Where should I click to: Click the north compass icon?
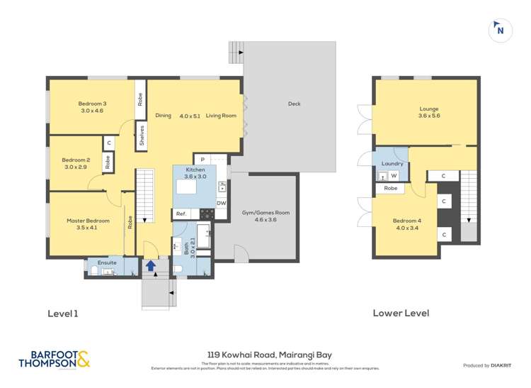click(x=500, y=30)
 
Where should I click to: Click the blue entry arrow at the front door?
click(x=150, y=266)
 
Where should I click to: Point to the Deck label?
click(x=294, y=104)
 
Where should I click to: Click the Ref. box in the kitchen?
click(x=181, y=214)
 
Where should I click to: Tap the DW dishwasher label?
click(x=221, y=203)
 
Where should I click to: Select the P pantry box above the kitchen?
click(x=202, y=160)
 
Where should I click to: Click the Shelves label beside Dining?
click(x=142, y=135)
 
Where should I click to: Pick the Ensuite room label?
click(x=107, y=262)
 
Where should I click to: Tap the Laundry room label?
click(x=392, y=164)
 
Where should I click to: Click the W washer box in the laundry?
click(x=393, y=175)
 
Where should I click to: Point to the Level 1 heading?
click(x=62, y=313)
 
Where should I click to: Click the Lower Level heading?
click(x=401, y=313)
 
